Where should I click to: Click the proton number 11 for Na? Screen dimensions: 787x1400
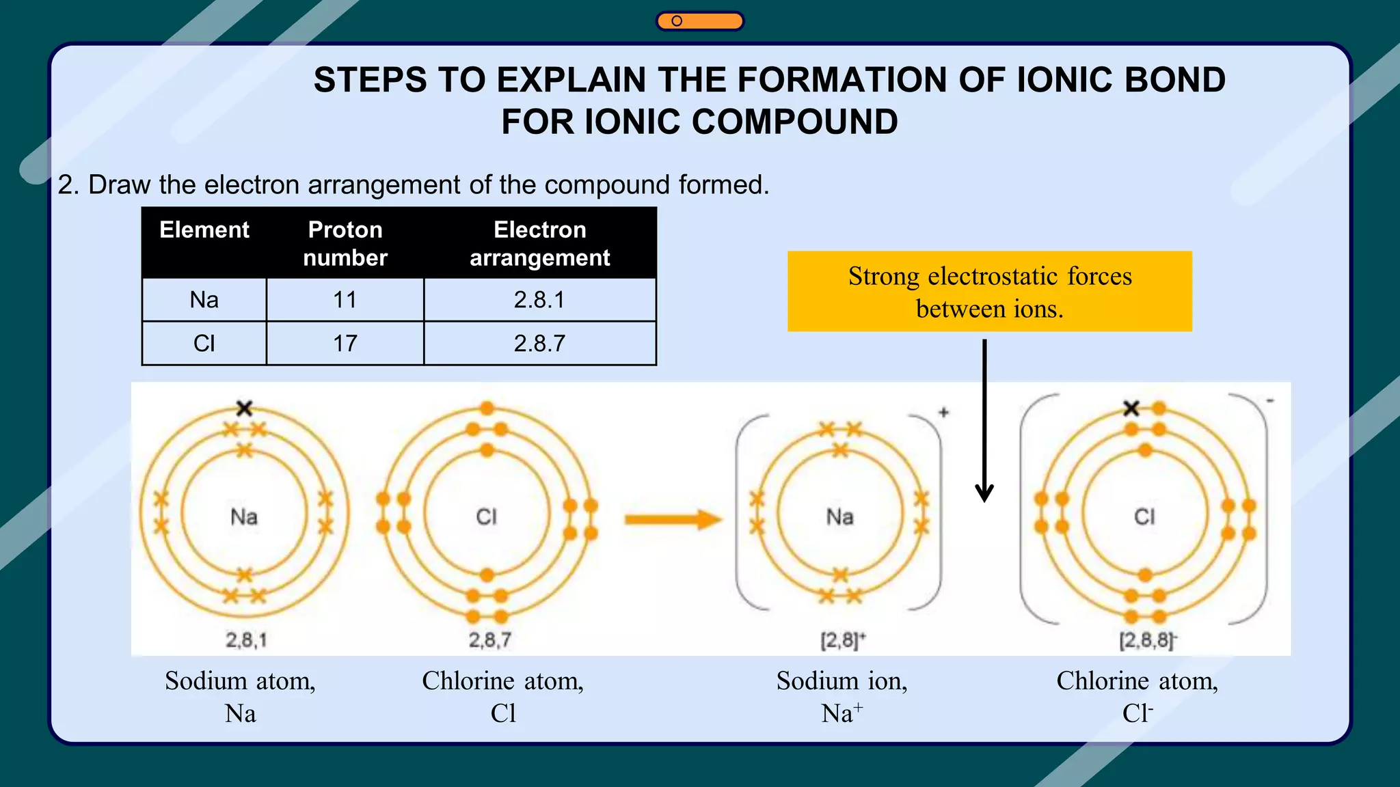[x=345, y=300]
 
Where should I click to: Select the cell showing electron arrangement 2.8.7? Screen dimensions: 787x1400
[x=539, y=343]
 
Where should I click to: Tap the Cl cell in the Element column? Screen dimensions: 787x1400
[x=204, y=343]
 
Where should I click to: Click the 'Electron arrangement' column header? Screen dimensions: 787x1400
[x=539, y=243]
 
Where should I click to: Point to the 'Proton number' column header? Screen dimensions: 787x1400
[x=345, y=243]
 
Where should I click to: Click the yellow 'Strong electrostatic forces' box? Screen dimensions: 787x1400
[x=989, y=292]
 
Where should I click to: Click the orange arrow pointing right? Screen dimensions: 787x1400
[x=673, y=520]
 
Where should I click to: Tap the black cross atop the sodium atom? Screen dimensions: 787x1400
[x=244, y=409]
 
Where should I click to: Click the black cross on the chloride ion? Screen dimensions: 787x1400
[x=1131, y=409]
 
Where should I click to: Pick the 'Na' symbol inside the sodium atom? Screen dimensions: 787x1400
[x=244, y=516]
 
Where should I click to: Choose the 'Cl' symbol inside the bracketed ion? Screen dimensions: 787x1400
[x=1144, y=516]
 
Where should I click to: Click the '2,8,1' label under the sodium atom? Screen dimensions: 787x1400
[x=246, y=640]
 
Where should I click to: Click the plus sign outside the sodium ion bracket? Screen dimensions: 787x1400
[x=944, y=412]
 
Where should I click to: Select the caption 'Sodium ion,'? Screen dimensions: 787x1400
[x=842, y=681]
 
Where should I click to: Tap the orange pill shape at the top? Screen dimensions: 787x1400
[x=699, y=21]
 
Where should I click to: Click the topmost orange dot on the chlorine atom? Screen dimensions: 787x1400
[x=487, y=408]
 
